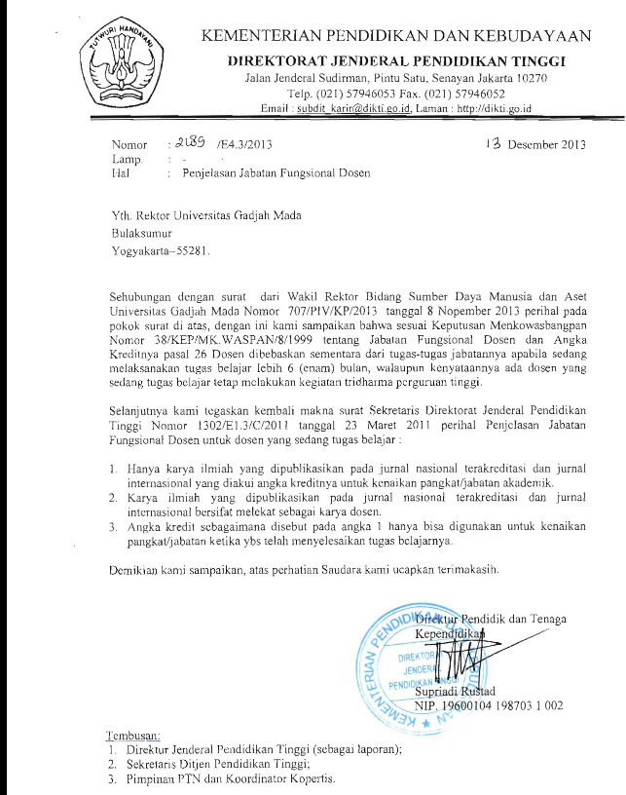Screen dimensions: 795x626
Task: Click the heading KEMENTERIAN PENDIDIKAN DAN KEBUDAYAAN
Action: coord(395,37)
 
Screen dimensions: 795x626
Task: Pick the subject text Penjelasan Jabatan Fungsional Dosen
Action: coord(275,173)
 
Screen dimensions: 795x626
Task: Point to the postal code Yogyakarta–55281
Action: coord(160,249)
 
